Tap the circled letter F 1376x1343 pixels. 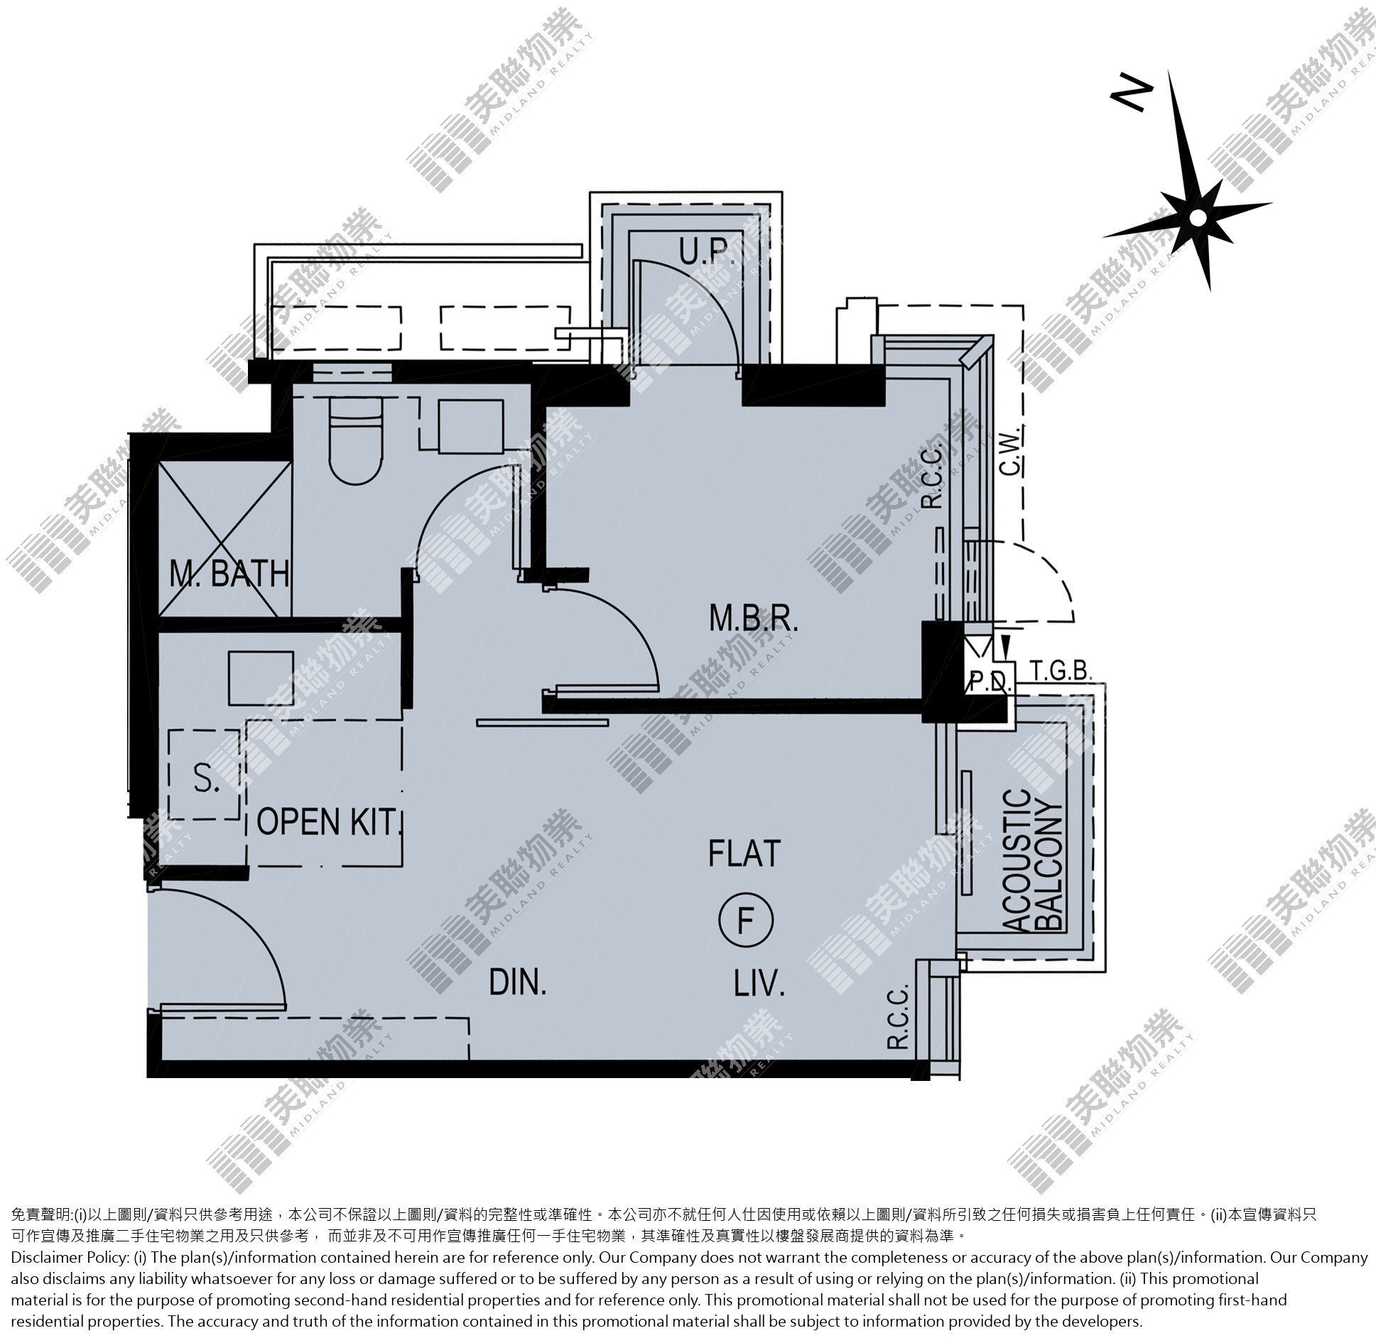745,923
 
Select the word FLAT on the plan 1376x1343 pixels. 744,853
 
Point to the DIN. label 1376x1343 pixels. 518,983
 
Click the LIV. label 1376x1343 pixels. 759,984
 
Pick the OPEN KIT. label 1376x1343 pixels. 329,822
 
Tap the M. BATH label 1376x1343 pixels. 229,573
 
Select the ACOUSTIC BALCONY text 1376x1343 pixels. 1034,860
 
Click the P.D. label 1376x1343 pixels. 988,683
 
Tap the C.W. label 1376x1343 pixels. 1011,452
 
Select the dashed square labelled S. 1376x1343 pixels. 205,775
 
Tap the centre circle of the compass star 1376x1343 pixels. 1198,217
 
